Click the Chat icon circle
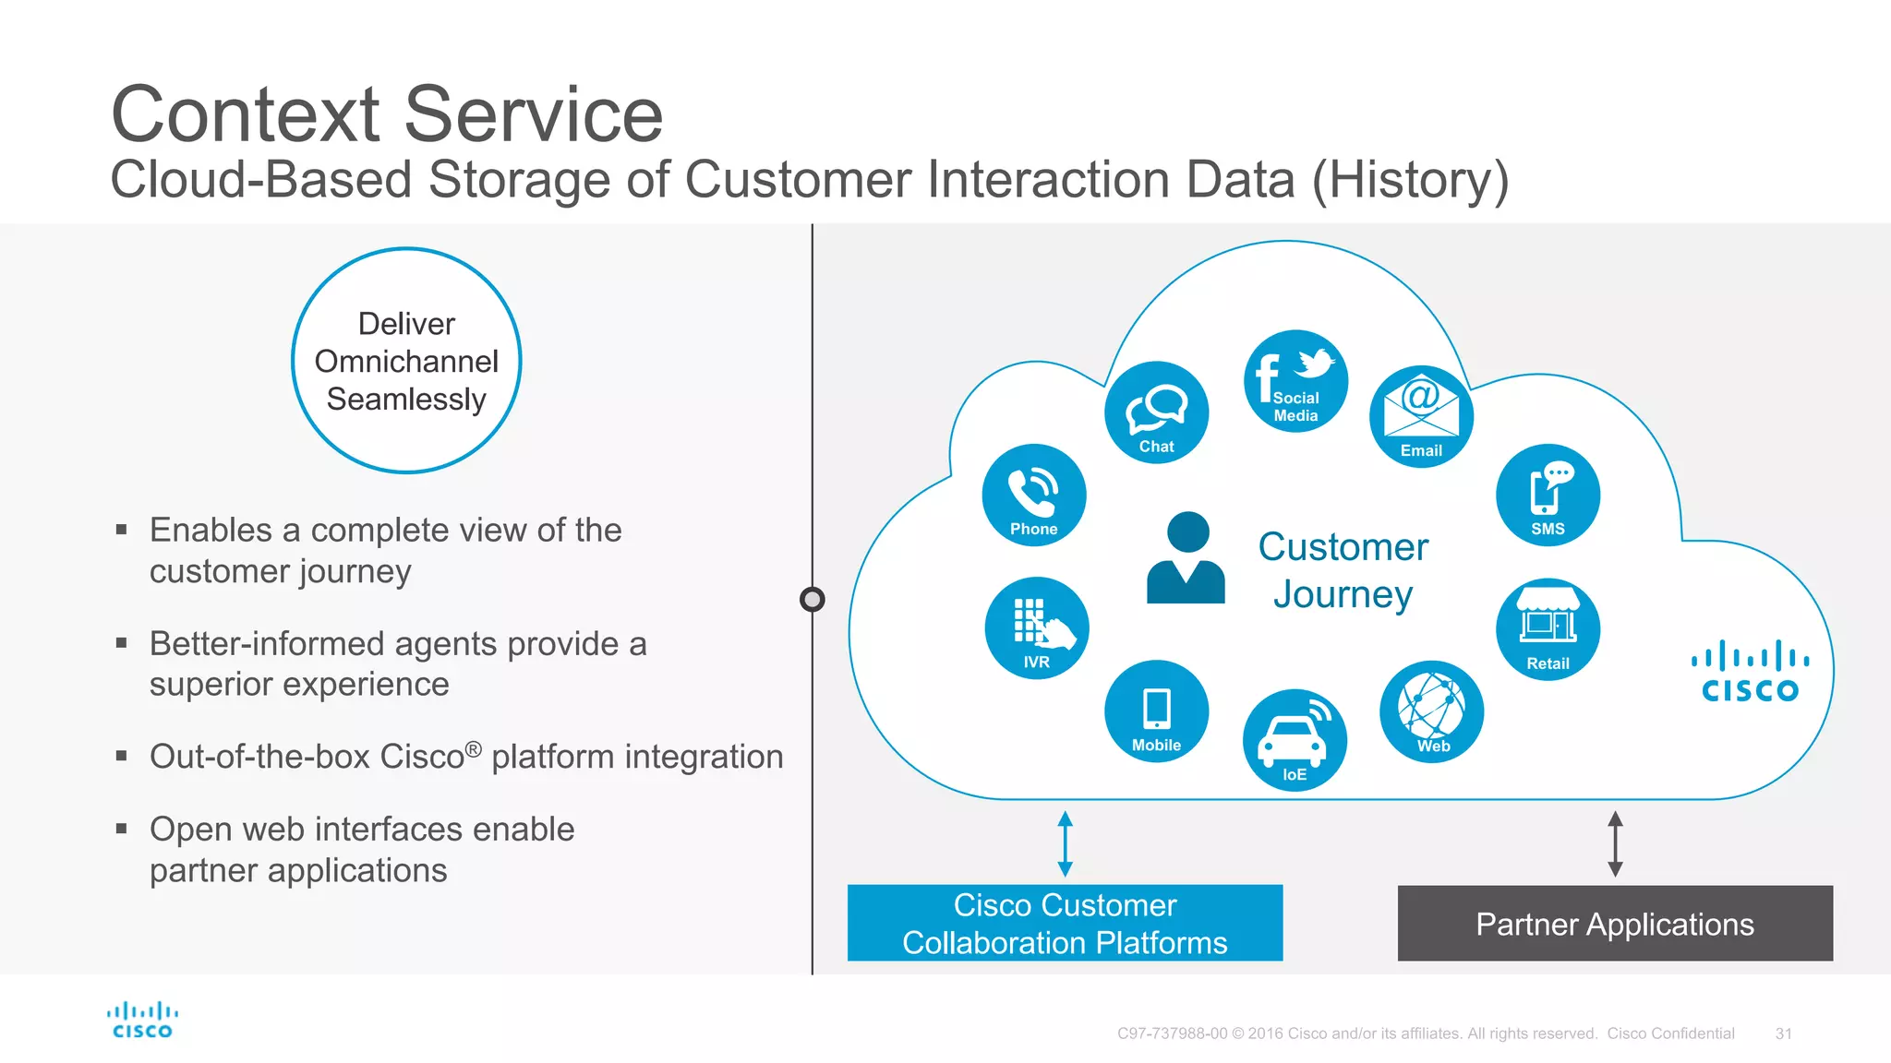click(x=1156, y=412)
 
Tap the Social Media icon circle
click(x=1295, y=381)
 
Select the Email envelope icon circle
click(x=1421, y=416)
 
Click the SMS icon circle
click(x=1548, y=496)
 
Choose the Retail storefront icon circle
click(x=1548, y=629)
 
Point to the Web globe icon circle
click(x=1431, y=711)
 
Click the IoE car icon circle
click(x=1295, y=740)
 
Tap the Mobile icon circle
click(x=1156, y=711)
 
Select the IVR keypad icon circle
click(x=1036, y=628)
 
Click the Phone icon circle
click(x=1034, y=496)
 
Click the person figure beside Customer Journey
click(x=1186, y=558)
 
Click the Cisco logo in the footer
click(x=142, y=1021)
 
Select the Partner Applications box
click(x=1614, y=924)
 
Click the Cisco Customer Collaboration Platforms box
click(x=1065, y=924)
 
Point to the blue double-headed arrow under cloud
click(x=1065, y=843)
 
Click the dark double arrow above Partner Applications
click(x=1615, y=843)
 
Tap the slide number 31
click(x=1783, y=1033)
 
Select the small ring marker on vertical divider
click(x=813, y=600)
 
